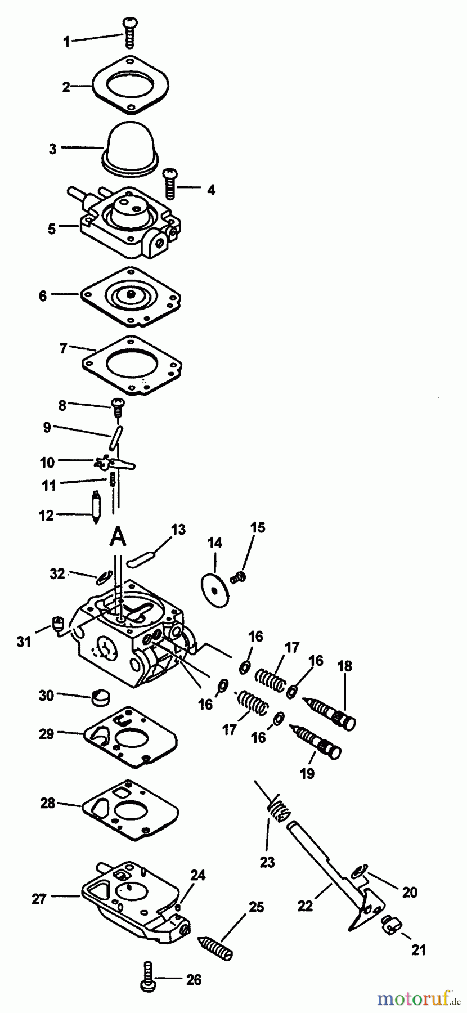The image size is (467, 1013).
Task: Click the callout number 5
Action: tap(52, 229)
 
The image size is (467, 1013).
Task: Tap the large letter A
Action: tap(117, 536)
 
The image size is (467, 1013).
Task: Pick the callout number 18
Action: tap(344, 666)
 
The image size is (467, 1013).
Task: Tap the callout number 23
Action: tap(267, 861)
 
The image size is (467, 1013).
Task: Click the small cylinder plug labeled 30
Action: tap(100, 700)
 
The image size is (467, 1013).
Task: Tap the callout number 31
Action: tap(24, 640)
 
